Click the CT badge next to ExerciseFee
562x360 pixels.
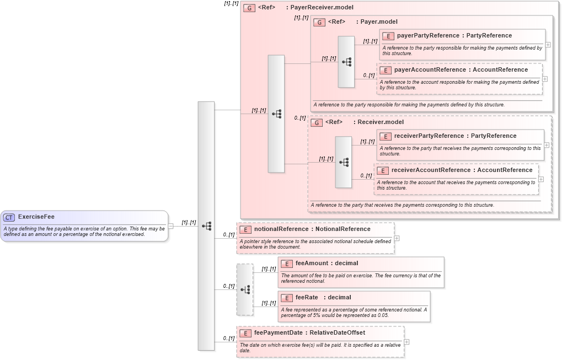pyautogui.click(x=9, y=217)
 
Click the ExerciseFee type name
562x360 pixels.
pyautogui.click(x=36, y=217)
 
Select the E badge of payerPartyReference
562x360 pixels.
pyautogui.click(x=388, y=36)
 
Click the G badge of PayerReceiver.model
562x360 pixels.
pyautogui.click(x=249, y=8)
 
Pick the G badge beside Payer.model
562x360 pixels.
pyautogui.click(x=319, y=22)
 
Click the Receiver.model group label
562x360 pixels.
pyautogui.click(x=381, y=122)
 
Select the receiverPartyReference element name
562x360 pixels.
pyautogui.click(x=429, y=136)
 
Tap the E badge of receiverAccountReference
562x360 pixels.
pyautogui.click(x=382, y=170)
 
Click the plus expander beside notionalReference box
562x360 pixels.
pyautogui.click(x=397, y=238)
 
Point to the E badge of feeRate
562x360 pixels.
pyautogui.click(x=286, y=298)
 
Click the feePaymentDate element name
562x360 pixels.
pyautogui.click(x=279, y=333)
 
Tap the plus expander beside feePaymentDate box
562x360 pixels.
pyautogui.click(x=406, y=342)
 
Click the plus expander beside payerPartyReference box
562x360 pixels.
pyautogui.click(x=548, y=45)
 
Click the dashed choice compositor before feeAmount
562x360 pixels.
pyautogui.click(x=245, y=289)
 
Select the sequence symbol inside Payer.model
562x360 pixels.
pyautogui.click(x=346, y=62)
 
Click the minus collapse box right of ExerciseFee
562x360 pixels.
pyautogui.click(x=171, y=225)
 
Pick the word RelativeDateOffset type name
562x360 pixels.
pyautogui.click(x=337, y=333)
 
